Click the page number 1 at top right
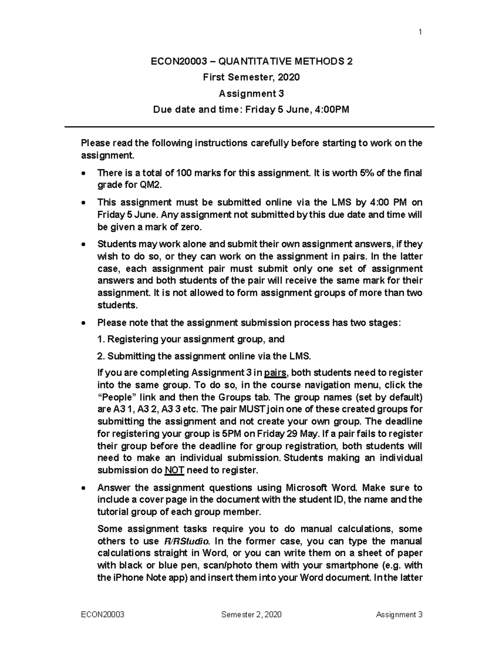[420, 32]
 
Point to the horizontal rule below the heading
[249, 126]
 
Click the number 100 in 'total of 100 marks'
[184, 173]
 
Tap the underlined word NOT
[175, 470]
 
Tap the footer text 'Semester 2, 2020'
[251, 615]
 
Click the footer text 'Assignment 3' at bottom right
[399, 615]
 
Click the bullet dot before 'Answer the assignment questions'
[84, 488]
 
